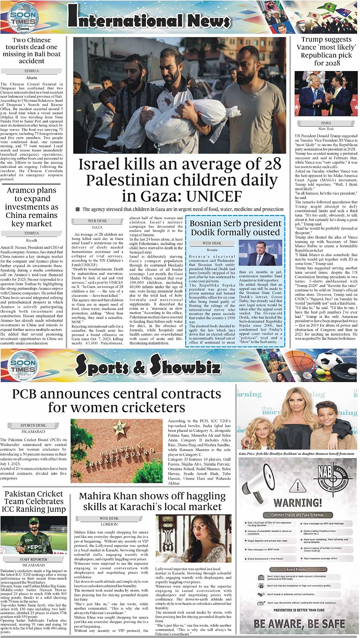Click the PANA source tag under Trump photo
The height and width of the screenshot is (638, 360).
(x=326, y=122)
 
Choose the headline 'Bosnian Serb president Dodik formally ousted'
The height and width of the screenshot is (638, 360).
(x=234, y=228)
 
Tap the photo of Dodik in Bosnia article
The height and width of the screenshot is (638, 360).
(x=260, y=253)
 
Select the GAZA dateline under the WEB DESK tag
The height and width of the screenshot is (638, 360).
(x=97, y=227)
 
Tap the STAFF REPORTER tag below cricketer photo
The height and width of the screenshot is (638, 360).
(x=33, y=559)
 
